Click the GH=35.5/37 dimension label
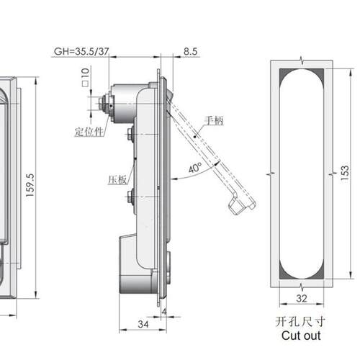[81, 51]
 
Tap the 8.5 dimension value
[190, 51]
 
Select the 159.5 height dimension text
[30, 186]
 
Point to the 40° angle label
[195, 168]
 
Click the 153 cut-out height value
[345, 173]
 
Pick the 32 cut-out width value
[302, 299]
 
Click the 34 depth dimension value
[143, 324]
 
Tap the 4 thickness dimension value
[164, 312]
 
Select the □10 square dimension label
[86, 77]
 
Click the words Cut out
[301, 336]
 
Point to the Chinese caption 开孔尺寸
[300, 322]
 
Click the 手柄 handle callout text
[214, 120]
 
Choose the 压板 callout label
[117, 179]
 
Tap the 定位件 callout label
[89, 132]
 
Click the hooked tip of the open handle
[242, 205]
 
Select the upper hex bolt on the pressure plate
[130, 134]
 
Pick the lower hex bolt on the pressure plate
[130, 197]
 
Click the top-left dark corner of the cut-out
[284, 73]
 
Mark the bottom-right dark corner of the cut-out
[320, 274]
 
